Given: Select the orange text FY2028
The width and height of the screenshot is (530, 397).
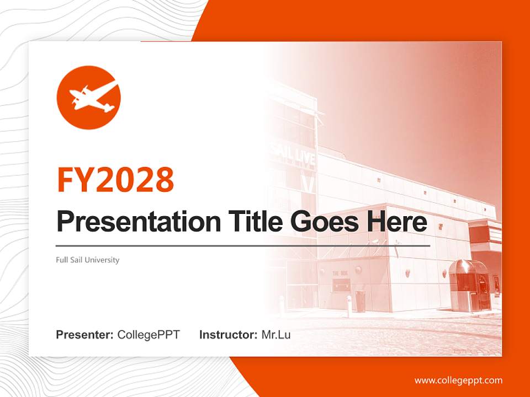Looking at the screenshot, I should (115, 179).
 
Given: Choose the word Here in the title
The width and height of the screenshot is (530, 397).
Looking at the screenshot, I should (396, 222).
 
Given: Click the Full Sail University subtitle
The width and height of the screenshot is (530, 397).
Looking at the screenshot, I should (87, 260).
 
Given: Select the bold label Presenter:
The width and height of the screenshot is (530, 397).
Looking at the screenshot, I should (84, 335).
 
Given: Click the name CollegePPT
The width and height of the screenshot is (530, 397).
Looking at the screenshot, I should (149, 335).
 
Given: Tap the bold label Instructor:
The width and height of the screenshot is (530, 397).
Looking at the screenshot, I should (228, 335).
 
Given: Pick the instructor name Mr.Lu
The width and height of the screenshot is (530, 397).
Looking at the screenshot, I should (276, 335).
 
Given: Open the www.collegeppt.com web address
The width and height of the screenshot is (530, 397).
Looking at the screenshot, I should (458, 380).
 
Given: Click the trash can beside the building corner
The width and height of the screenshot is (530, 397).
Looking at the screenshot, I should (360, 301).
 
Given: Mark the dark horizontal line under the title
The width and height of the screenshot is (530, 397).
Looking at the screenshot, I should (243, 246).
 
